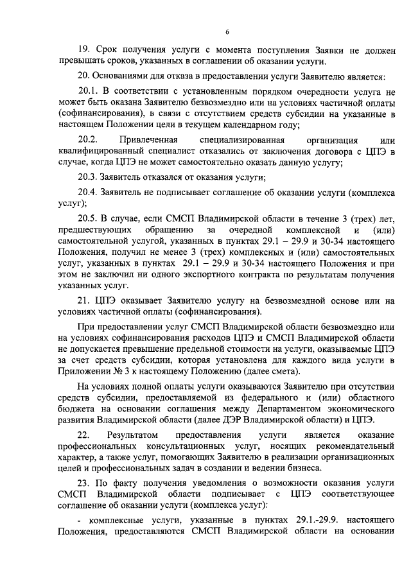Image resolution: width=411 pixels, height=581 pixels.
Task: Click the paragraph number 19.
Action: [x=83, y=49]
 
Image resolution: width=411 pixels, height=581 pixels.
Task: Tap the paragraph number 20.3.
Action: [x=89, y=177]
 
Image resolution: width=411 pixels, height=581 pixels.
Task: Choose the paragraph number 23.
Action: [x=83, y=482]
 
